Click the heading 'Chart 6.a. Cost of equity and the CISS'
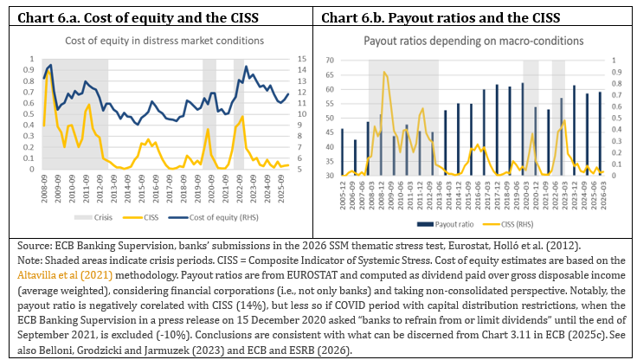tap(138, 17)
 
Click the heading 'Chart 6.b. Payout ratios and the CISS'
tap(441, 17)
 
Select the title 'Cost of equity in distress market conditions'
tap(164, 41)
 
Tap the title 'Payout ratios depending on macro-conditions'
tap(473, 41)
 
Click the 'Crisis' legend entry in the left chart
tap(93, 217)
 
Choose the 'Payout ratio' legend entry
tap(445, 224)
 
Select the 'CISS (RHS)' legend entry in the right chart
tap(508, 224)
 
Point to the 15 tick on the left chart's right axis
tap(301, 60)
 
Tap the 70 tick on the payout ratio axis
tap(330, 60)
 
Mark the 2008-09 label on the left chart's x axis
tap(44, 189)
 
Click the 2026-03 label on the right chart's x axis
tap(603, 196)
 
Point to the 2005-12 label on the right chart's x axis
tap(343, 196)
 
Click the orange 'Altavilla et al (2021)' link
tap(65, 275)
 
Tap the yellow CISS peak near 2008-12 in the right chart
tap(384, 72)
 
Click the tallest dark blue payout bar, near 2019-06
tap(523, 129)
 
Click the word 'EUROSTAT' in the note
tap(312, 275)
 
